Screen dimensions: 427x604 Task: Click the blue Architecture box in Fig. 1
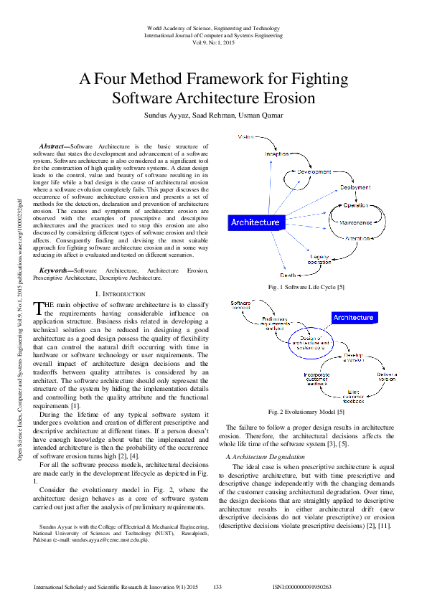pos(255,222)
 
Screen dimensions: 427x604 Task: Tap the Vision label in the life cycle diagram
pos(245,136)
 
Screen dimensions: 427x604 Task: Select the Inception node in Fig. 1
pos(276,154)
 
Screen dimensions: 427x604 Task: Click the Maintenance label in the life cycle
pos(355,222)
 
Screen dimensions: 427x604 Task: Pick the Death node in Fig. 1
pos(288,275)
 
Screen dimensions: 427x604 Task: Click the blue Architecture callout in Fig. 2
pos(354,317)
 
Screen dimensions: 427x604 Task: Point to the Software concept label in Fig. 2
pos(240,306)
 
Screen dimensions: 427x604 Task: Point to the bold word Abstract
pos(53,146)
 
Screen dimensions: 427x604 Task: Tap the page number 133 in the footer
pos(217,588)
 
